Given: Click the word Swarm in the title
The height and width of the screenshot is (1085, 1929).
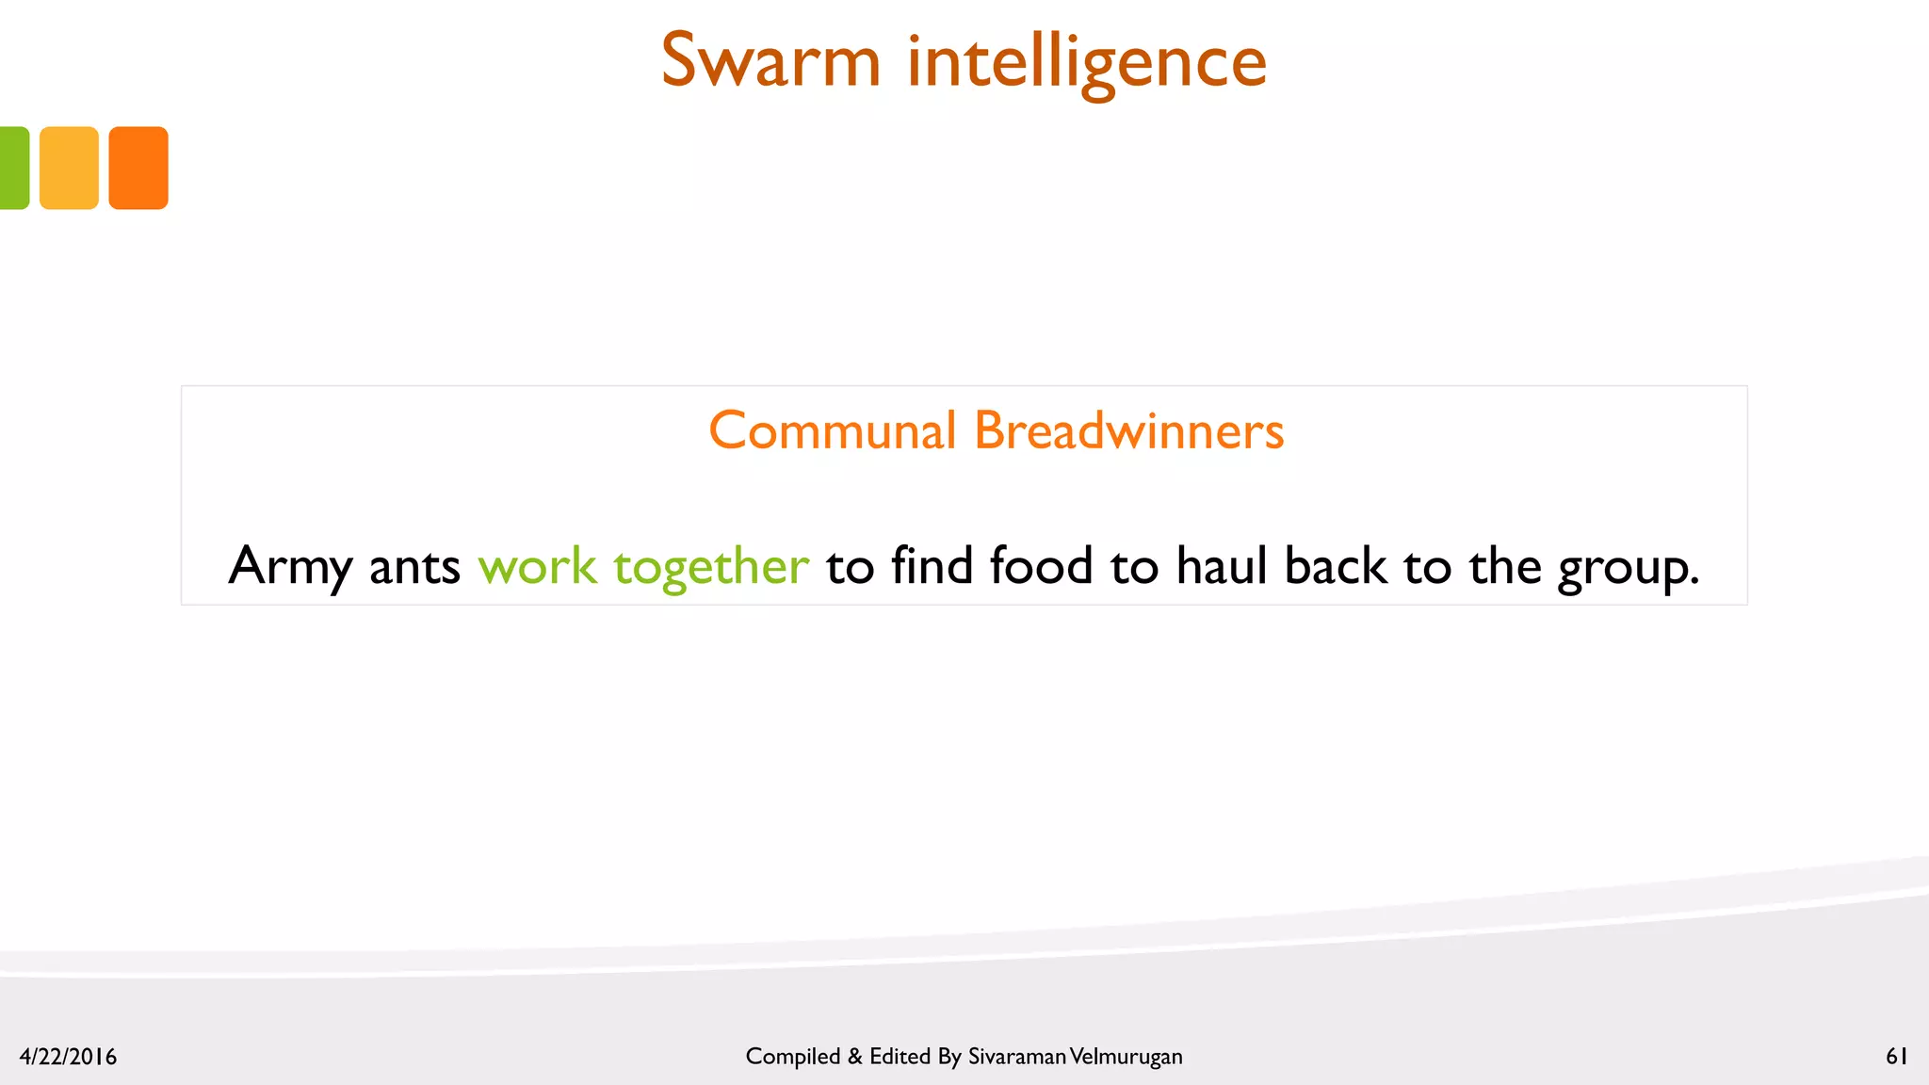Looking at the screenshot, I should tap(770, 61).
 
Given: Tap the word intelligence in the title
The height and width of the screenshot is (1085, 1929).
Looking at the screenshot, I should tap(1087, 63).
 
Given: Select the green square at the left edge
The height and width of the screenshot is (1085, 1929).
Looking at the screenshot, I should tap(13, 168).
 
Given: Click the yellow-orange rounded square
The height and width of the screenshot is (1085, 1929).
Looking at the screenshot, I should tap(69, 168).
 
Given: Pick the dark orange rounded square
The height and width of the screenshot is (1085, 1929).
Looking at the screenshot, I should tap(138, 168).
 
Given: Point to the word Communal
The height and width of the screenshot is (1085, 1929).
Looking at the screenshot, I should tap(833, 431).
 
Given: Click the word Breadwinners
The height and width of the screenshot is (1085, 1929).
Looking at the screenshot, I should tap(1128, 431).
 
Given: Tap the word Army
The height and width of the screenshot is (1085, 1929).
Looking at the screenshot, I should tap(289, 567).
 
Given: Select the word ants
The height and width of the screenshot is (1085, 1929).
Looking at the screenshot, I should tap(414, 567).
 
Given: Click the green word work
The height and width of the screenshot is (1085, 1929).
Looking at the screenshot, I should tap(537, 567).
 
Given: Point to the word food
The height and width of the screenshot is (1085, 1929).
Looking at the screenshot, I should tap(1041, 566).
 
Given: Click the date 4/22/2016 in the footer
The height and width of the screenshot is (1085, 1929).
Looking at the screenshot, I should tap(68, 1057).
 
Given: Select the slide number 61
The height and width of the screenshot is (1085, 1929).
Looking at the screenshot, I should tap(1896, 1057).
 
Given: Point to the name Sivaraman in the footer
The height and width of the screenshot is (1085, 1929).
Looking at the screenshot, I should tap(1017, 1057).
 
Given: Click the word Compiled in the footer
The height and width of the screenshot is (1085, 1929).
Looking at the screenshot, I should tap(792, 1057).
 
